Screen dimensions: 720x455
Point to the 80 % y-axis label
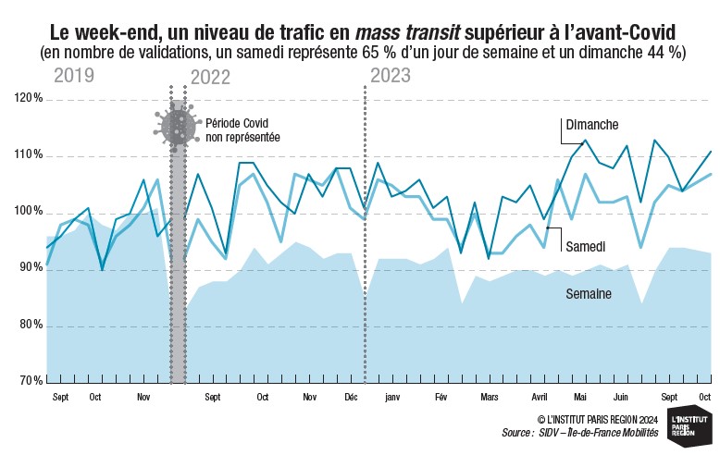pyautogui.click(x=31, y=326)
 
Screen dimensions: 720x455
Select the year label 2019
pyautogui.click(x=74, y=76)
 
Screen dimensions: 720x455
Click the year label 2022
pyautogui.click(x=210, y=78)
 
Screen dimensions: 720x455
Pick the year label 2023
pyautogui.click(x=391, y=76)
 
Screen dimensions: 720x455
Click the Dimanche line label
pyautogui.click(x=592, y=125)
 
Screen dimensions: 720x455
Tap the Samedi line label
pyautogui.click(x=586, y=247)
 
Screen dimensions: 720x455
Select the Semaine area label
pyautogui.click(x=589, y=294)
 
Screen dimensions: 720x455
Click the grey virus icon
pyautogui.click(x=178, y=127)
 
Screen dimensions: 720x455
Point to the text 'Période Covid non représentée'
pyautogui.click(x=242, y=130)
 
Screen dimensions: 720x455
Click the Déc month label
pyautogui.click(x=352, y=398)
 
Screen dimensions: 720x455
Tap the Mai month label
pyautogui.click(x=580, y=398)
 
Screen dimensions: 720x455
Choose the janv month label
pyautogui.click(x=392, y=398)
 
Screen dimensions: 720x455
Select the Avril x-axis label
pyautogui.click(x=540, y=398)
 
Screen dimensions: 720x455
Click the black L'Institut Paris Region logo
pyautogui.click(x=690, y=426)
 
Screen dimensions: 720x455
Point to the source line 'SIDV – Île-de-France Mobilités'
pyautogui.click(x=599, y=433)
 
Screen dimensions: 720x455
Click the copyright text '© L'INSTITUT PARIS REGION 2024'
pyautogui.click(x=598, y=420)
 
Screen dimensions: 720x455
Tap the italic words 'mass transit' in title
pyautogui.click(x=408, y=33)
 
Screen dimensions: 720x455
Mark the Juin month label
pyautogui.click(x=621, y=398)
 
